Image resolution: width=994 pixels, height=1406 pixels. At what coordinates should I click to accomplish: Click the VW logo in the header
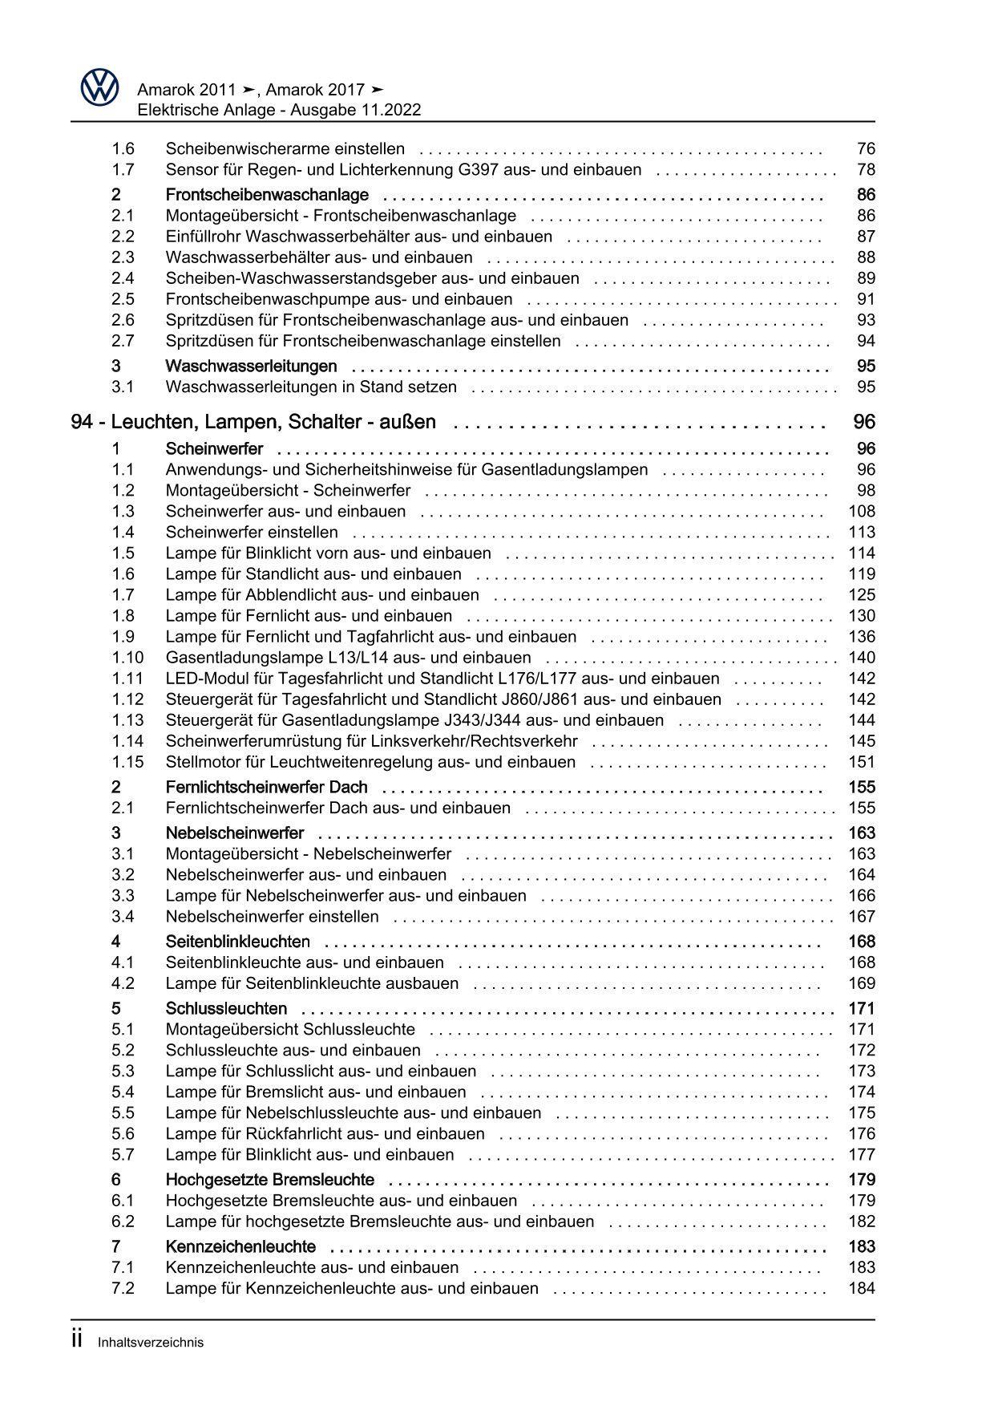[x=99, y=87]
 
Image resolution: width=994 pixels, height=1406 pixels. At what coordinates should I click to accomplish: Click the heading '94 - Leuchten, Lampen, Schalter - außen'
[x=253, y=422]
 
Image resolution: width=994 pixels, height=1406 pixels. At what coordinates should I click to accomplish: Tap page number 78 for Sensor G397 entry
[x=866, y=169]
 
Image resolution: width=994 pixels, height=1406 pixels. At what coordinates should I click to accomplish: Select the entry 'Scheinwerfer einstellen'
[x=252, y=532]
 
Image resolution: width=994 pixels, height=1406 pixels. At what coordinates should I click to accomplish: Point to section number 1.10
[x=127, y=658]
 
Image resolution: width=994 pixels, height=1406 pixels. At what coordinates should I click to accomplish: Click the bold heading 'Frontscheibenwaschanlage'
[x=267, y=195]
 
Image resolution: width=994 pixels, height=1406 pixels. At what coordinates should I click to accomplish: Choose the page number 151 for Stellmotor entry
[x=862, y=762]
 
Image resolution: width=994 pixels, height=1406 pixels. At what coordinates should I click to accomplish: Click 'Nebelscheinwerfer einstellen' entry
[x=272, y=917]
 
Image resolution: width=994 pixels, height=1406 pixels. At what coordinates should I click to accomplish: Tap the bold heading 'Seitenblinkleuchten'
[x=237, y=942]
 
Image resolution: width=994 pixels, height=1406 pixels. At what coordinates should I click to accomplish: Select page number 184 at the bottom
[x=862, y=1288]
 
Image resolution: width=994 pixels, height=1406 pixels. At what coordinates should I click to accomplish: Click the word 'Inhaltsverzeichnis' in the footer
[x=151, y=1343]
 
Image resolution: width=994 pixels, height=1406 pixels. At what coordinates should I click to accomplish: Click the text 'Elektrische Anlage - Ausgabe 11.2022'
[x=279, y=111]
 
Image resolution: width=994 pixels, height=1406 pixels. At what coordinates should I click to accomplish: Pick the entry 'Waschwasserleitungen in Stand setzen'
[x=311, y=387]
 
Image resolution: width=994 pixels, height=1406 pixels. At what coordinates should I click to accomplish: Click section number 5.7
[x=123, y=1154]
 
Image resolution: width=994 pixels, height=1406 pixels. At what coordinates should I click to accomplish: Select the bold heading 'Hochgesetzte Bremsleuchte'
[x=269, y=1180]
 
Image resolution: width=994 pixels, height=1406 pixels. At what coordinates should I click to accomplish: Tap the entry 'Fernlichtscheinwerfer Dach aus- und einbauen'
[x=337, y=808]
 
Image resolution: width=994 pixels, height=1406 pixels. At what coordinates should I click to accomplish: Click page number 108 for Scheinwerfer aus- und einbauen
[x=862, y=511]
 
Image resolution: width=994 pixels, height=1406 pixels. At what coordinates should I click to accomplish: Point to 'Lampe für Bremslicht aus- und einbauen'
[x=315, y=1092]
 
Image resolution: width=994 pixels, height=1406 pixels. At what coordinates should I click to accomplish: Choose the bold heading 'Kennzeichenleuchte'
[x=240, y=1247]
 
